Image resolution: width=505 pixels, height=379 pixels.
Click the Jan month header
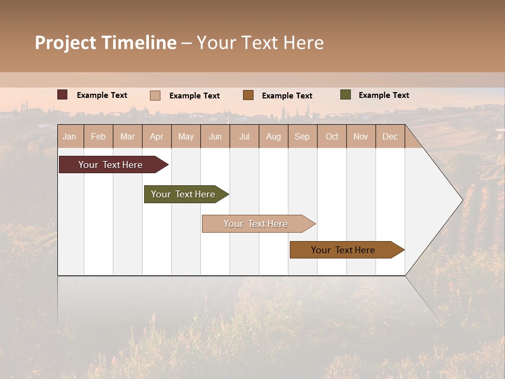pos(70,136)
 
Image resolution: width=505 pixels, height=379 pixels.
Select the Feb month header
pos(98,136)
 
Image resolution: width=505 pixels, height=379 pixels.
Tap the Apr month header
pos(157,136)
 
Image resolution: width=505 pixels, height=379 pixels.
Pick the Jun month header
pos(215,136)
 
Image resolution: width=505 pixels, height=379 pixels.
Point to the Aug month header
pos(274,136)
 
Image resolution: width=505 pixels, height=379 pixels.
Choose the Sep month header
pos(302,136)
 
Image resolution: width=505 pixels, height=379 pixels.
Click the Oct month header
pos(332,136)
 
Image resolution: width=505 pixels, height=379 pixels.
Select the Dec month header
pos(390,136)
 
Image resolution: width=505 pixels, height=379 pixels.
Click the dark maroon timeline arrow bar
pos(111,165)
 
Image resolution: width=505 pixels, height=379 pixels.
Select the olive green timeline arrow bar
pos(184,194)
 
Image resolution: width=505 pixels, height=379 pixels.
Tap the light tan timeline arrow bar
pos(256,224)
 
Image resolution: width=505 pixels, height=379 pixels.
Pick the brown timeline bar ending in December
pos(344,250)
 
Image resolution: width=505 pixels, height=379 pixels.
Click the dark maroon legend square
pos(63,95)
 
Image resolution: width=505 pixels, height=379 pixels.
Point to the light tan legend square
pos(155,95)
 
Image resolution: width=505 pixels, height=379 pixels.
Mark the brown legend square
pos(248,95)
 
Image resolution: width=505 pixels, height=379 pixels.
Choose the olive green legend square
pos(345,95)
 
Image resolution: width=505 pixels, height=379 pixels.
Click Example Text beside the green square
pos(383,95)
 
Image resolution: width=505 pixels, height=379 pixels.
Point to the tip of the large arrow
pos(462,200)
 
